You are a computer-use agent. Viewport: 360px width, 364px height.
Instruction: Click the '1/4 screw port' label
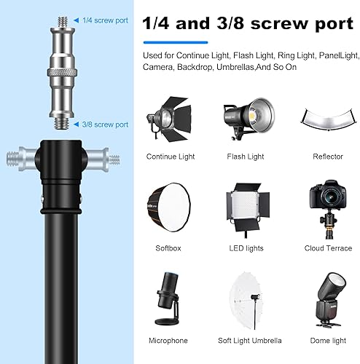click(x=105, y=20)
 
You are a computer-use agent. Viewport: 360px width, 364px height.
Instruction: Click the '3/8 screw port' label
click(x=105, y=124)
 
